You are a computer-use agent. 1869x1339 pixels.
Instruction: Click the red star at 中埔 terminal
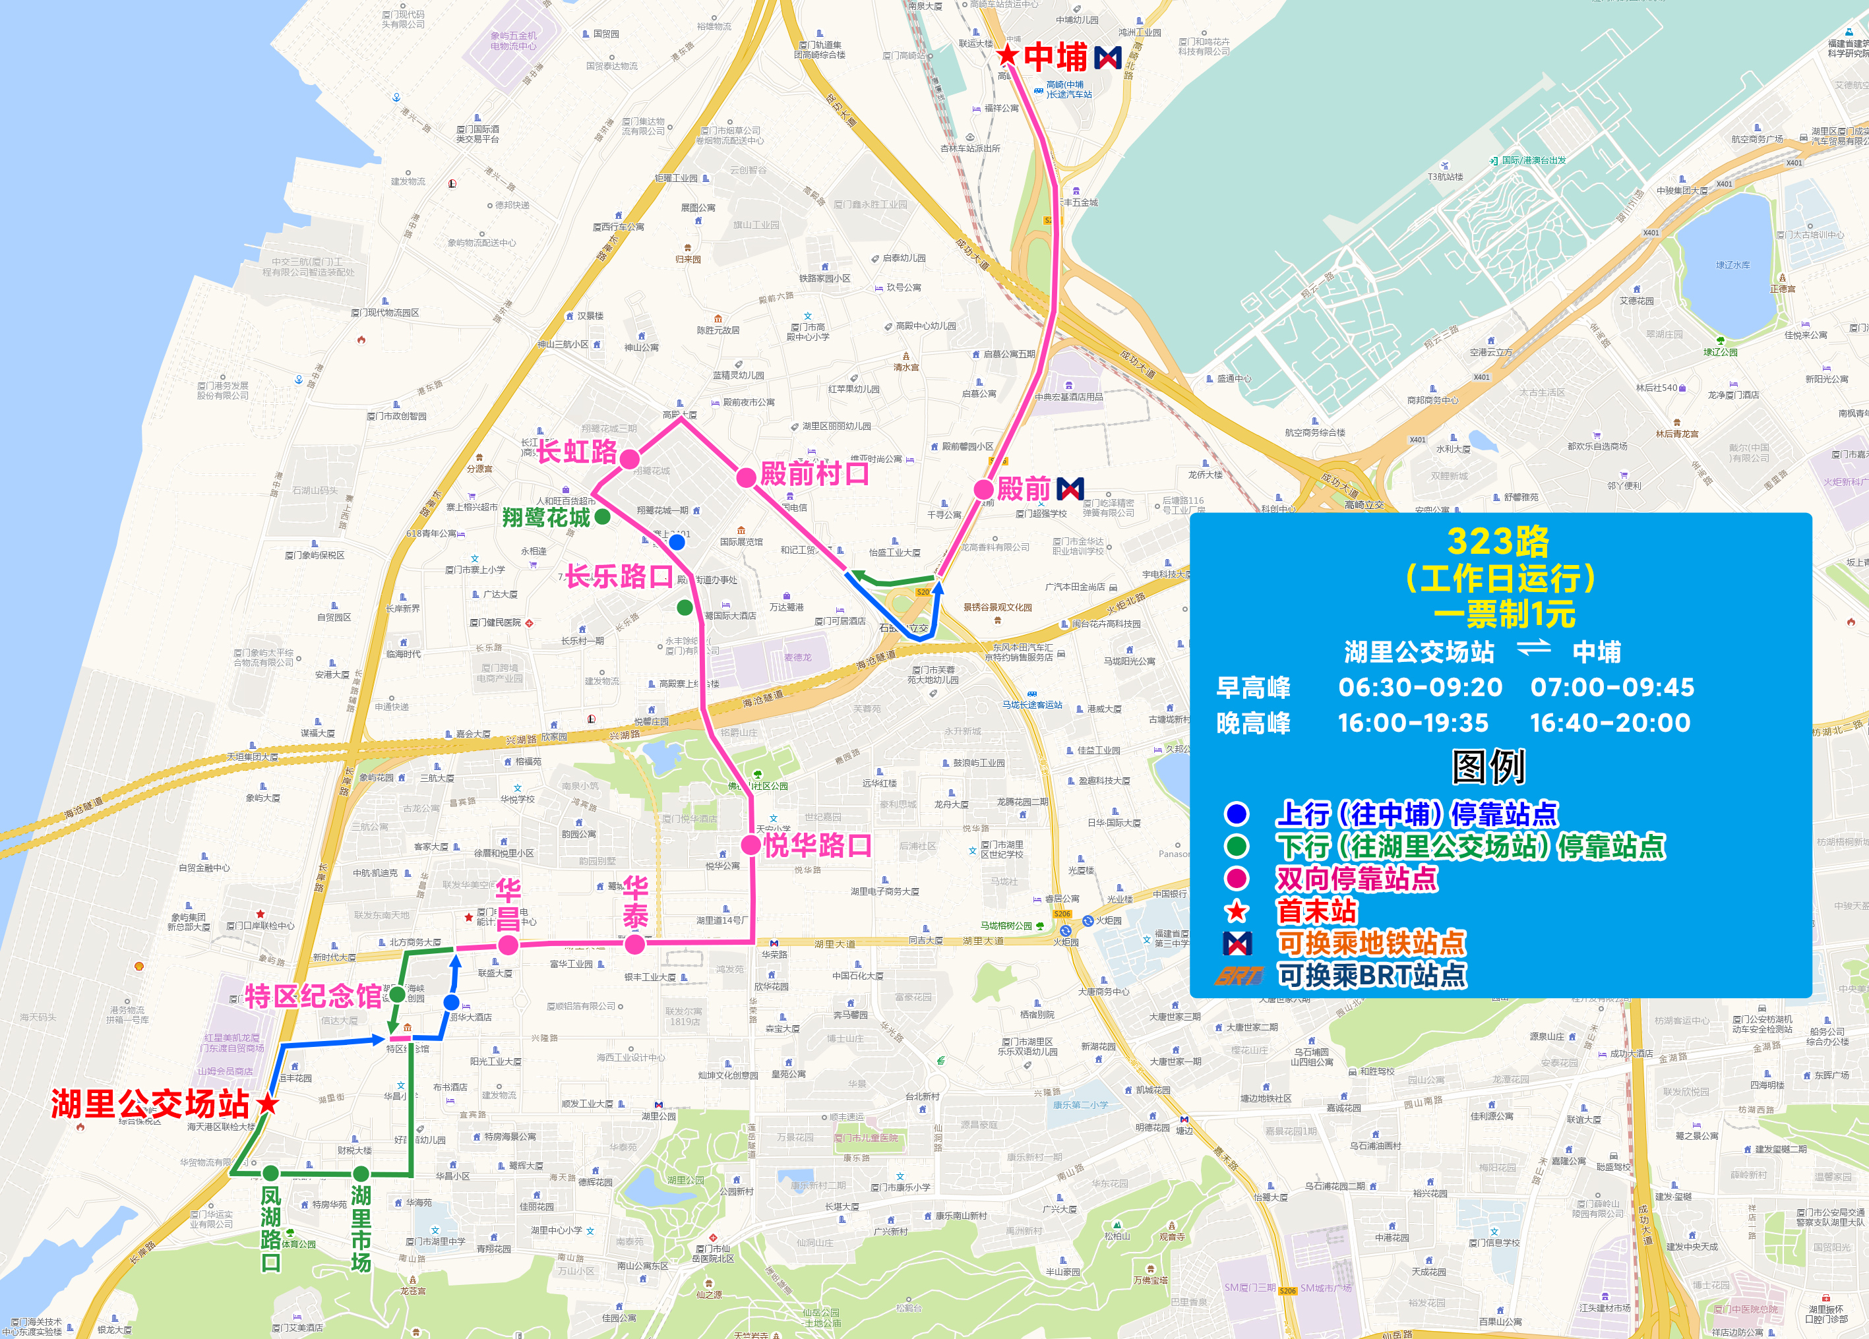pyautogui.click(x=1007, y=56)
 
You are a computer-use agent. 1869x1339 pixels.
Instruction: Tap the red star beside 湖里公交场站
pyautogui.click(x=267, y=1104)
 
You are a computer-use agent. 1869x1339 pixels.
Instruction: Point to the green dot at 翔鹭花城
pyautogui.click(x=602, y=517)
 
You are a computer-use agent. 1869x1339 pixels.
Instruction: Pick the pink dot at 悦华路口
pyautogui.click(x=751, y=845)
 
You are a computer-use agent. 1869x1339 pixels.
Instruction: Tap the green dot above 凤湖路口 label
pyautogui.click(x=270, y=1173)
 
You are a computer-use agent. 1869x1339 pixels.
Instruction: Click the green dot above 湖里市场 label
pyautogui.click(x=361, y=1173)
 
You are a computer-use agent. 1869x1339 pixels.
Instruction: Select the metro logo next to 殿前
pyautogui.click(x=1070, y=489)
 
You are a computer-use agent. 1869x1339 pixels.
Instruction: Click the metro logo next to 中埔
pyautogui.click(x=1107, y=57)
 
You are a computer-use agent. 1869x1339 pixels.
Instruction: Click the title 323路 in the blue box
pyautogui.click(x=1498, y=541)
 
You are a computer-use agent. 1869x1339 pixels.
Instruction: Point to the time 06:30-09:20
pyautogui.click(x=1420, y=687)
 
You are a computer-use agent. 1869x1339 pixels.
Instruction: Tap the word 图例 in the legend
pyautogui.click(x=1488, y=766)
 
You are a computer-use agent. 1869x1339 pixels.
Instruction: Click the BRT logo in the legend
pyautogui.click(x=1239, y=976)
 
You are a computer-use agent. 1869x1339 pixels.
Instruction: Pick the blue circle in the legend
pyautogui.click(x=1236, y=814)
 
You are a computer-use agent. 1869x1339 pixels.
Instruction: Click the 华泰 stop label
pyautogui.click(x=634, y=903)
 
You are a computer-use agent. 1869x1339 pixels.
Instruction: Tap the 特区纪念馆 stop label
pyautogui.click(x=313, y=996)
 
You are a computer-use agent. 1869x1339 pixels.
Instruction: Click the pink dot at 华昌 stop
pyautogui.click(x=508, y=945)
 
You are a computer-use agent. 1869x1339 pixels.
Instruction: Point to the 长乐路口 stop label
pyautogui.click(x=619, y=576)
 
